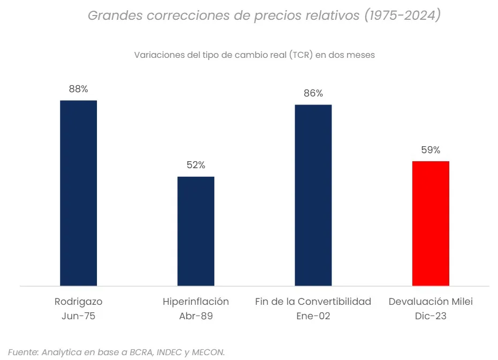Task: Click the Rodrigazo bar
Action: [78, 193]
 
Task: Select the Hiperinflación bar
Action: [196, 231]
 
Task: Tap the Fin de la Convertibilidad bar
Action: [313, 195]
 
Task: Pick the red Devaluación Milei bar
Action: [431, 223]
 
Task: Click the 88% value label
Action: [78, 89]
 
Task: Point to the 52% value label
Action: [196, 166]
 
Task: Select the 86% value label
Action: [313, 93]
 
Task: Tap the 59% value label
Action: [431, 150]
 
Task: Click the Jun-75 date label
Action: [78, 316]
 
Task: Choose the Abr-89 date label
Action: [196, 316]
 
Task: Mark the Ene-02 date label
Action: [313, 316]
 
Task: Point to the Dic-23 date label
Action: [431, 316]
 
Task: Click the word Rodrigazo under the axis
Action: [78, 302]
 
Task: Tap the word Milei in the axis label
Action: [461, 302]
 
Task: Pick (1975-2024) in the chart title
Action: [402, 16]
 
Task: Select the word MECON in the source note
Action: [208, 352]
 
